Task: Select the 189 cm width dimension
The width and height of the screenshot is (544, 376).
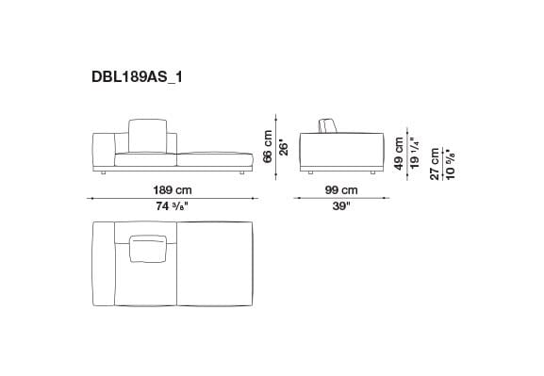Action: (173, 189)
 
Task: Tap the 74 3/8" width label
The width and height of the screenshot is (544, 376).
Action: (173, 207)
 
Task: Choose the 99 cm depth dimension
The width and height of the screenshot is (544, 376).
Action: (340, 189)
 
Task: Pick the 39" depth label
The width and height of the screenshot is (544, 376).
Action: (340, 207)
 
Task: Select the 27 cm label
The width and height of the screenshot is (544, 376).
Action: (435, 161)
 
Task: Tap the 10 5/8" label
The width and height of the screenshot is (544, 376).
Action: (449, 161)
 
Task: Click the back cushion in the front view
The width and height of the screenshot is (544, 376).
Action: (144, 135)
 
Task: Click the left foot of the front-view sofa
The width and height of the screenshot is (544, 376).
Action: (103, 173)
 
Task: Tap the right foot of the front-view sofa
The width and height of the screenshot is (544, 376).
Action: (242, 173)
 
